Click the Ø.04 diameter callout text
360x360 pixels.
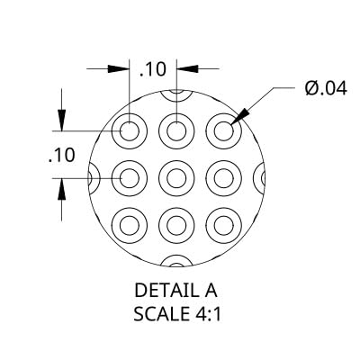click(x=326, y=88)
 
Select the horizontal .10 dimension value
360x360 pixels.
click(x=153, y=69)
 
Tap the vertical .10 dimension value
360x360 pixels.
click(x=61, y=156)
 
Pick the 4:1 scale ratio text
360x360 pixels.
click(x=206, y=314)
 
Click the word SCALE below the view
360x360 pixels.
click(x=160, y=314)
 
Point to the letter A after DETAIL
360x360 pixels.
click(x=211, y=291)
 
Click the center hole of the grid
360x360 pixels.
click(x=176, y=178)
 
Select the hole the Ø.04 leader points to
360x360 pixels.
click(x=224, y=131)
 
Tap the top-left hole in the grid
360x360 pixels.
click(x=130, y=131)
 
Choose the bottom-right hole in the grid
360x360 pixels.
click(x=224, y=225)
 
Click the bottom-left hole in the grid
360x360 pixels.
click(x=130, y=225)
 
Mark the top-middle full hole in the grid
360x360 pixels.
click(x=176, y=131)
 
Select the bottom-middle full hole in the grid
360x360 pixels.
click(x=176, y=225)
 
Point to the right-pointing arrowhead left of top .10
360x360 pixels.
click(x=119, y=68)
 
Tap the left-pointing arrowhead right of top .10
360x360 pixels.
click(x=187, y=68)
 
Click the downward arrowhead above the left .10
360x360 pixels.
click(x=61, y=121)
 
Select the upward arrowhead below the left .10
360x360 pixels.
click(x=61, y=189)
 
